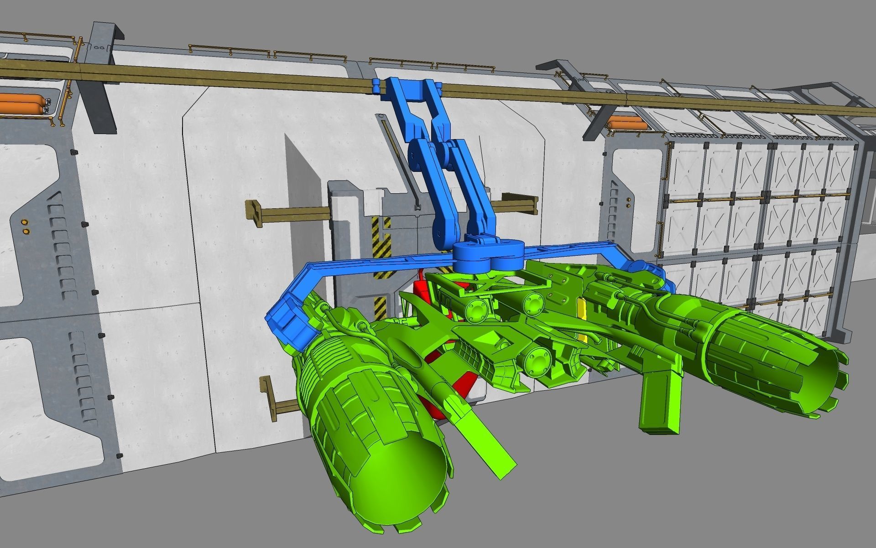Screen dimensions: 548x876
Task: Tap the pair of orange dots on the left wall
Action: point(25,226)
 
